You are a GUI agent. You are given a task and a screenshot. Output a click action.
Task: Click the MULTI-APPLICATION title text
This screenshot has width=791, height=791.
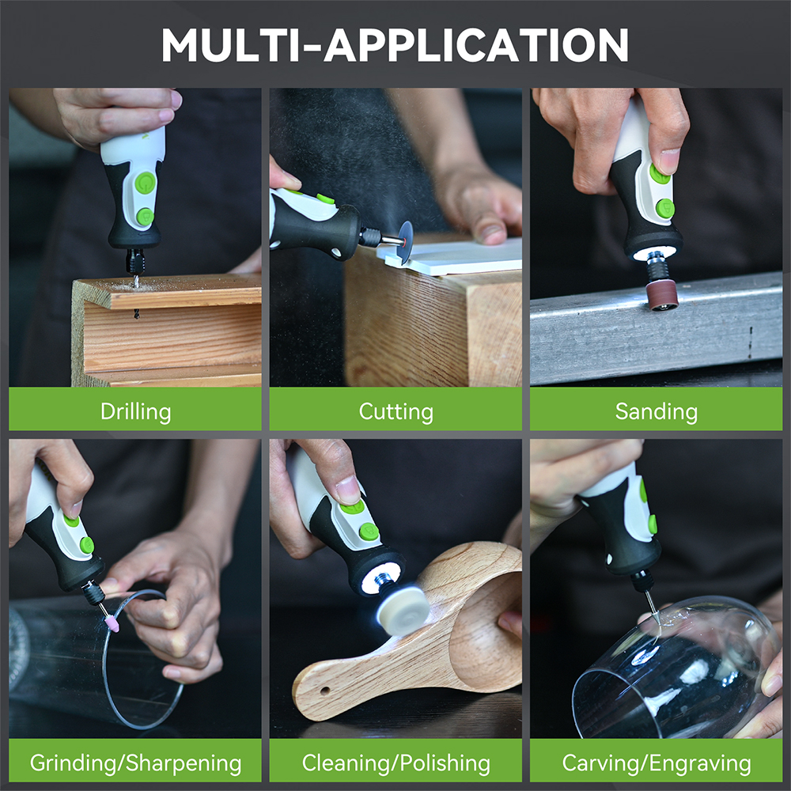395,44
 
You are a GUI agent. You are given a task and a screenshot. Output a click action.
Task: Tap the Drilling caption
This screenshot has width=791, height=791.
136,411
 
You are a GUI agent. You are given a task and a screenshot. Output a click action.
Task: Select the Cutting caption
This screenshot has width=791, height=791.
396,411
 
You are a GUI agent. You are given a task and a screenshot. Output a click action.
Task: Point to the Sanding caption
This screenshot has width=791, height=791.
657,411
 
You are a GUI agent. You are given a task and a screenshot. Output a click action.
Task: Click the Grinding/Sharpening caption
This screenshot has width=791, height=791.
136,763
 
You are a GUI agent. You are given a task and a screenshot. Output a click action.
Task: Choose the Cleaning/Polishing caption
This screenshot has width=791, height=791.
396,763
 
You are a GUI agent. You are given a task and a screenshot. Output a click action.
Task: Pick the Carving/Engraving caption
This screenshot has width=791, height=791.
657,763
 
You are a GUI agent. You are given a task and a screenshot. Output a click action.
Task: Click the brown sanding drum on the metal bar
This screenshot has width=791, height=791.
661,295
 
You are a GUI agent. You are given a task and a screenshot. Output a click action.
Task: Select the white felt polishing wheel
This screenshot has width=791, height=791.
403,609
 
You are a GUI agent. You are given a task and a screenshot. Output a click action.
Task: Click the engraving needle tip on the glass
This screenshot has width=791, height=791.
657,625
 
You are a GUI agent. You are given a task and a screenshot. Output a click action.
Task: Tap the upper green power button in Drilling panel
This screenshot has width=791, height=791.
145,183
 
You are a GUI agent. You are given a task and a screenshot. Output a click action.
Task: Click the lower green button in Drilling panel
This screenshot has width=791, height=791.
146,217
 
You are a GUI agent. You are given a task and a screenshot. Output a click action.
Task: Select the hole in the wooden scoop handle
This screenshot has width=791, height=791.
325,690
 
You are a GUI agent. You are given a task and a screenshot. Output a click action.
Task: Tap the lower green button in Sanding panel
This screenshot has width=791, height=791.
665,208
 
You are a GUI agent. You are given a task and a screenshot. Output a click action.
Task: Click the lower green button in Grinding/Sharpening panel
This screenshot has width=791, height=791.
87,545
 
